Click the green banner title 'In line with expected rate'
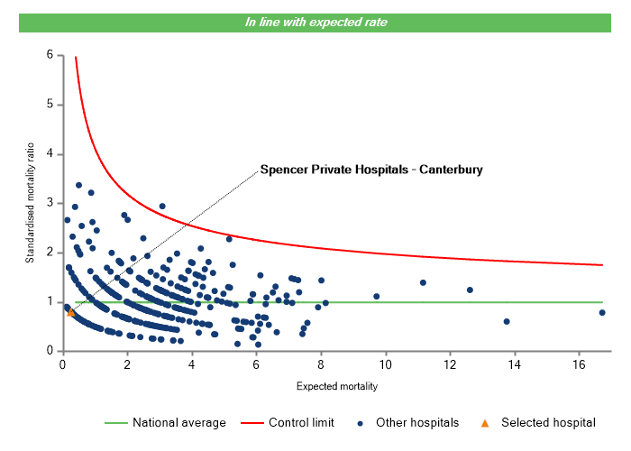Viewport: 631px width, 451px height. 315,23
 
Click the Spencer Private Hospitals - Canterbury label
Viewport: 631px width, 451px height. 371,169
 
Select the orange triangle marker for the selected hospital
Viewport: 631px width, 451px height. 71,312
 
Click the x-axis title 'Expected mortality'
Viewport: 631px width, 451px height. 336,386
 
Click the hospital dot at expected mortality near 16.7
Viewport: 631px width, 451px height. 602,312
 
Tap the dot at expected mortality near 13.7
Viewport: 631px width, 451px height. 507,321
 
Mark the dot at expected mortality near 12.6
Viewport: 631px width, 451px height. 470,290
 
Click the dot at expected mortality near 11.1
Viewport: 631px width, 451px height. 423,282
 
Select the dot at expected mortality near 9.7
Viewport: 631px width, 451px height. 377,296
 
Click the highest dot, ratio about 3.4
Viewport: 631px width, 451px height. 78,185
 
